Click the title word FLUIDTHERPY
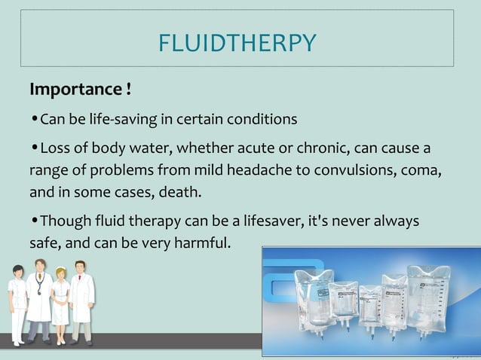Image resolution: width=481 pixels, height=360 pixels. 237,44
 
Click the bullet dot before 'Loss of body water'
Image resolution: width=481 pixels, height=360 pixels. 34,147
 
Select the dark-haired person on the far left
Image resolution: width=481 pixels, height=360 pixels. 17,301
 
